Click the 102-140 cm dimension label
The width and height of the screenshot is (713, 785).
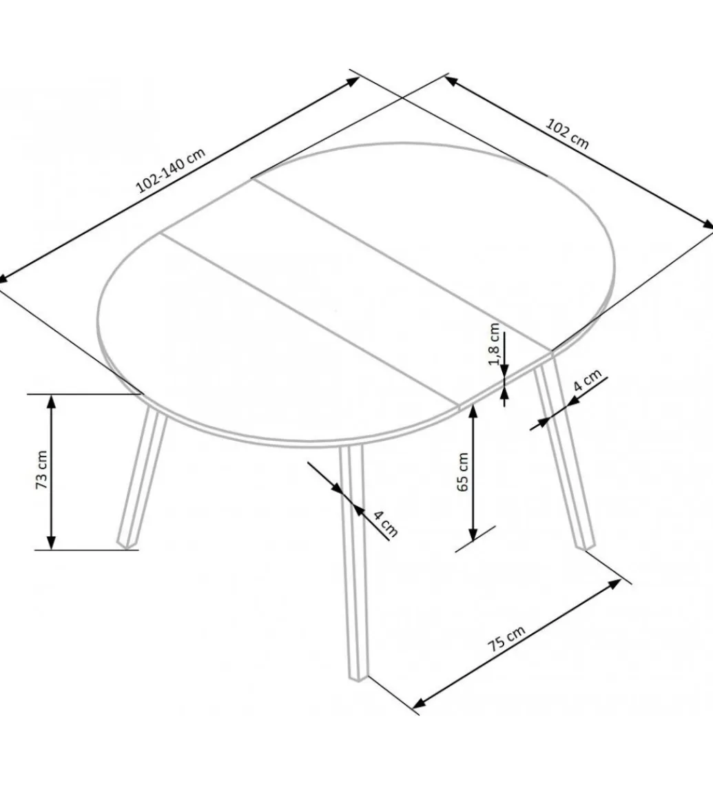171,170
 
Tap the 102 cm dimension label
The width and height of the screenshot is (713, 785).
567,134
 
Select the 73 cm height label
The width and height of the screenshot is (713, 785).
41,470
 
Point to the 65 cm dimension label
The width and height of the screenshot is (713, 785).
463,472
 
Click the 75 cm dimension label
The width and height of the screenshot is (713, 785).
507,638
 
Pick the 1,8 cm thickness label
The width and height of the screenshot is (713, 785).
494,344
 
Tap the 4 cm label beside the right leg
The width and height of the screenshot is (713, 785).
587,380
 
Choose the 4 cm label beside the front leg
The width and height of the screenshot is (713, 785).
386,523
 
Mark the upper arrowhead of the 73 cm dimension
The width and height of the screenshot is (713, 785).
51,401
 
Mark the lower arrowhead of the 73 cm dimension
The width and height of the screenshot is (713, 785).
51,543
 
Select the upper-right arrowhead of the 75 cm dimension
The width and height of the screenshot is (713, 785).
614,584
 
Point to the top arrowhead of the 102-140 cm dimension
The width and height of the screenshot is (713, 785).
353,82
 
